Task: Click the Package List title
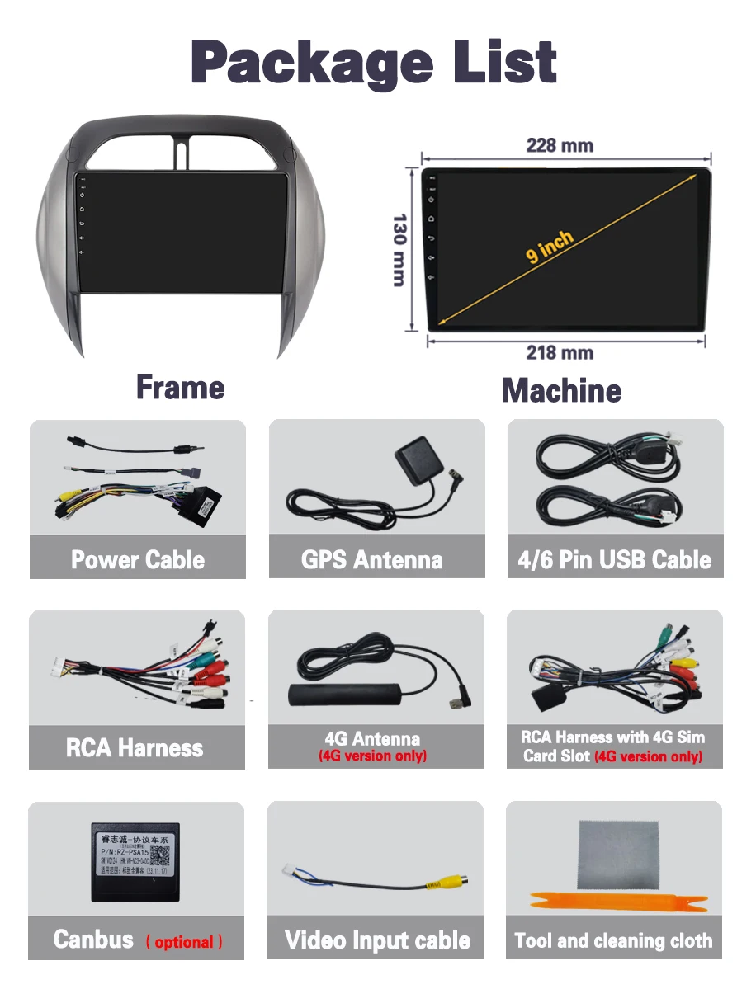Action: [x=375, y=63]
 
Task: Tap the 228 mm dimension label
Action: [x=560, y=146]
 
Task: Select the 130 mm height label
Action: [x=399, y=250]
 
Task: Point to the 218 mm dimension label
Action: [x=560, y=353]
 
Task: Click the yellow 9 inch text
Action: [x=550, y=247]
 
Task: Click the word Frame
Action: [x=180, y=387]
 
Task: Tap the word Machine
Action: [x=561, y=390]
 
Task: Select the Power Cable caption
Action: [x=138, y=560]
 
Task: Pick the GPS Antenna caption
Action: [x=372, y=560]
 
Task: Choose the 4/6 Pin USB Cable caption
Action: [x=614, y=560]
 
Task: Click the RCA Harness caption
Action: [x=135, y=748]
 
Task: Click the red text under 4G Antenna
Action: [x=373, y=756]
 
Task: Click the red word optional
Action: [x=184, y=942]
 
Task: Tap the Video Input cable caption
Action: [x=377, y=940]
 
